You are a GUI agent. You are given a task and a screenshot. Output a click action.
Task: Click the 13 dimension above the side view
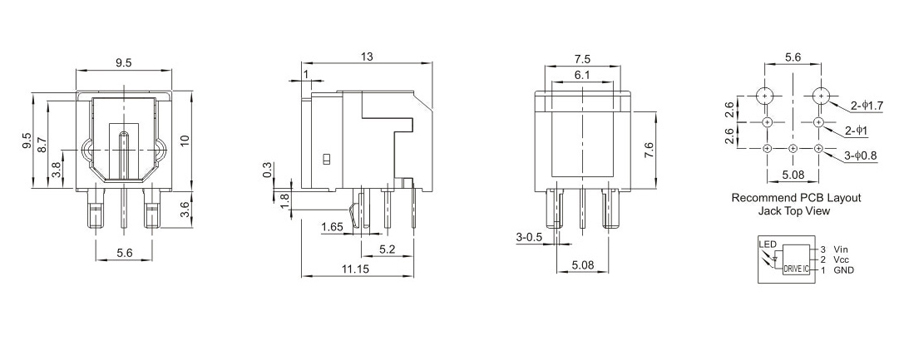(x=367, y=57)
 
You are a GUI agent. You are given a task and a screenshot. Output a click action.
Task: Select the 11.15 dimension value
(x=357, y=268)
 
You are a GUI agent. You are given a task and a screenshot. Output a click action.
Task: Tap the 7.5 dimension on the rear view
(x=582, y=59)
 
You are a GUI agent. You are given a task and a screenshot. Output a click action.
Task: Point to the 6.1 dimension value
(x=582, y=75)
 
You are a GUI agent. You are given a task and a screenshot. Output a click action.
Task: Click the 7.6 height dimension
(x=649, y=150)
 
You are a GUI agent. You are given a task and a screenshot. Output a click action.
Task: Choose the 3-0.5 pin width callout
(x=529, y=237)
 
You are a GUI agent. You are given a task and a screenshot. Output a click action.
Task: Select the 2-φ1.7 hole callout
(x=867, y=106)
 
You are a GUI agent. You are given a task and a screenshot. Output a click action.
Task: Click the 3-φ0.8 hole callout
(x=860, y=156)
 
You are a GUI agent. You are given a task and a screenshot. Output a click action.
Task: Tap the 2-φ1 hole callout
(x=857, y=132)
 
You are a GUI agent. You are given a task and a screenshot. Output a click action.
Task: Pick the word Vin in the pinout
(x=841, y=249)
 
